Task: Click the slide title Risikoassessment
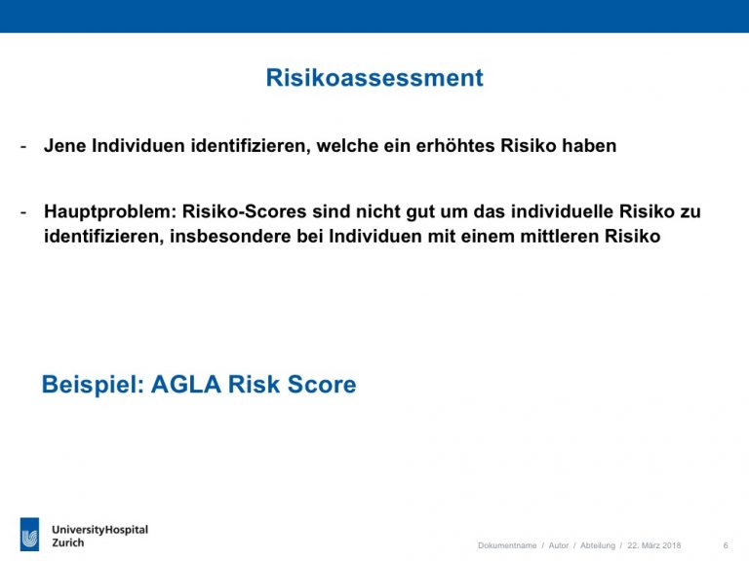click(x=374, y=78)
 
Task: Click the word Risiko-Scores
click(x=244, y=211)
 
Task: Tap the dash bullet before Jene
click(x=23, y=146)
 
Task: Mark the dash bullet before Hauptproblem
click(x=23, y=212)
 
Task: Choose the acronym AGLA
click(x=186, y=384)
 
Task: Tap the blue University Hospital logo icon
click(x=29, y=534)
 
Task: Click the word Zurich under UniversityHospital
click(x=68, y=542)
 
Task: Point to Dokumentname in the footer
click(x=507, y=545)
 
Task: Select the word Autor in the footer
click(x=559, y=545)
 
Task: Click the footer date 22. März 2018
click(x=654, y=545)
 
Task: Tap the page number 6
click(x=726, y=545)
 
